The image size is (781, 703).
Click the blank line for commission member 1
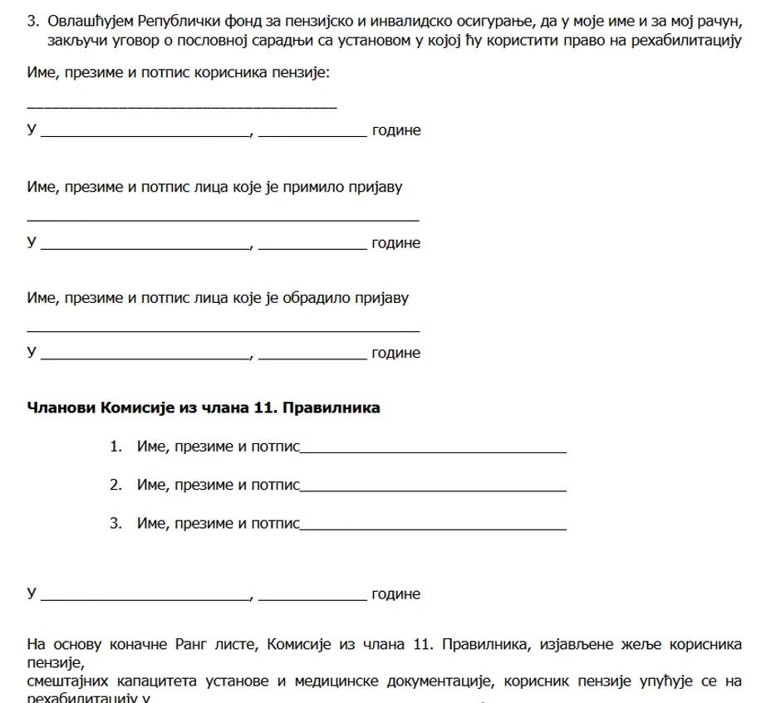point(433,452)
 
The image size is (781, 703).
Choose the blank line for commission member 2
point(433,491)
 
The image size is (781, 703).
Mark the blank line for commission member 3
point(433,529)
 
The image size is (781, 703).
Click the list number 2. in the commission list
point(115,486)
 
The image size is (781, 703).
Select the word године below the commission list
point(395,594)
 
